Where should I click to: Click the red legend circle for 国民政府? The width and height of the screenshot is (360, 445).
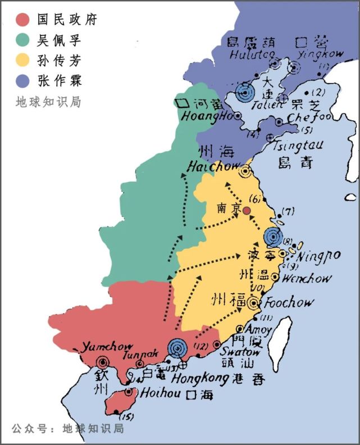tap(22, 20)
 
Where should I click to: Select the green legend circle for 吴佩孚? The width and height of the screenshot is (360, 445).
tap(22, 40)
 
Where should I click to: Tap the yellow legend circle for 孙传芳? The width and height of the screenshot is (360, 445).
tap(22, 61)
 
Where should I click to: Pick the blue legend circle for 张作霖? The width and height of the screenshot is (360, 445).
tap(22, 81)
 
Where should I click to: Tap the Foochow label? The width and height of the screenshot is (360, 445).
tap(289, 302)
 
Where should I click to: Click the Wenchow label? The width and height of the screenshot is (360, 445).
tap(307, 278)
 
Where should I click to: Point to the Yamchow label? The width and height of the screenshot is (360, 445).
tap(103, 347)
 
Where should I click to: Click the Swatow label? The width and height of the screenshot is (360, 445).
tap(244, 352)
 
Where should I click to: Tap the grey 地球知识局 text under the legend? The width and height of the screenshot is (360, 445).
tap(48, 102)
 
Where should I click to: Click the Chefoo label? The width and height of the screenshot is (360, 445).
tap(307, 119)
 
